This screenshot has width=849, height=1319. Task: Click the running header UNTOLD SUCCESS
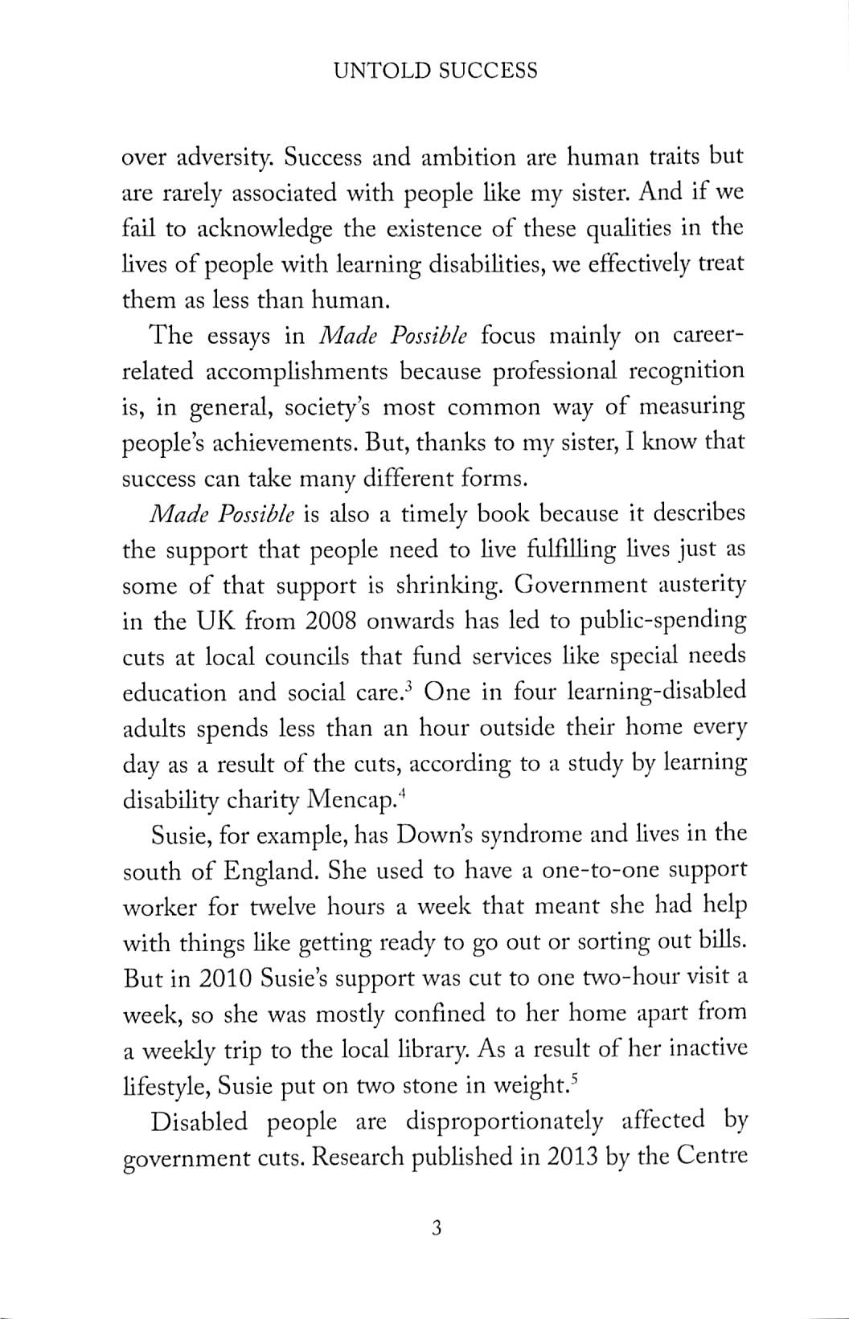(x=435, y=71)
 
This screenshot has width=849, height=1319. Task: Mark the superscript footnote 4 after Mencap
(x=403, y=794)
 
